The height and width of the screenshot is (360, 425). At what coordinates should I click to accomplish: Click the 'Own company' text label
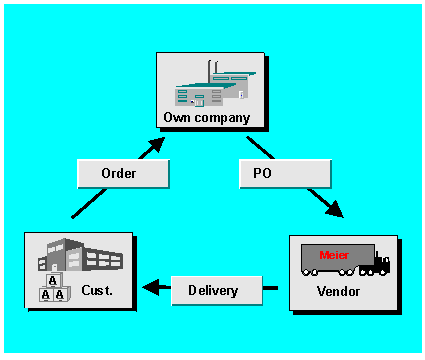[214, 119]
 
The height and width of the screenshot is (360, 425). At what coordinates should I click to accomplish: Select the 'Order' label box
[119, 173]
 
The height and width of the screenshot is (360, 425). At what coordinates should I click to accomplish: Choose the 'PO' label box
[285, 173]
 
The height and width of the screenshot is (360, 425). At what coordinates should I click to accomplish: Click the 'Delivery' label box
[213, 291]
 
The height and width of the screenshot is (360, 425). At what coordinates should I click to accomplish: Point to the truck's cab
[380, 264]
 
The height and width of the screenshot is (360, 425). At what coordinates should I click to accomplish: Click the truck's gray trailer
[335, 258]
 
